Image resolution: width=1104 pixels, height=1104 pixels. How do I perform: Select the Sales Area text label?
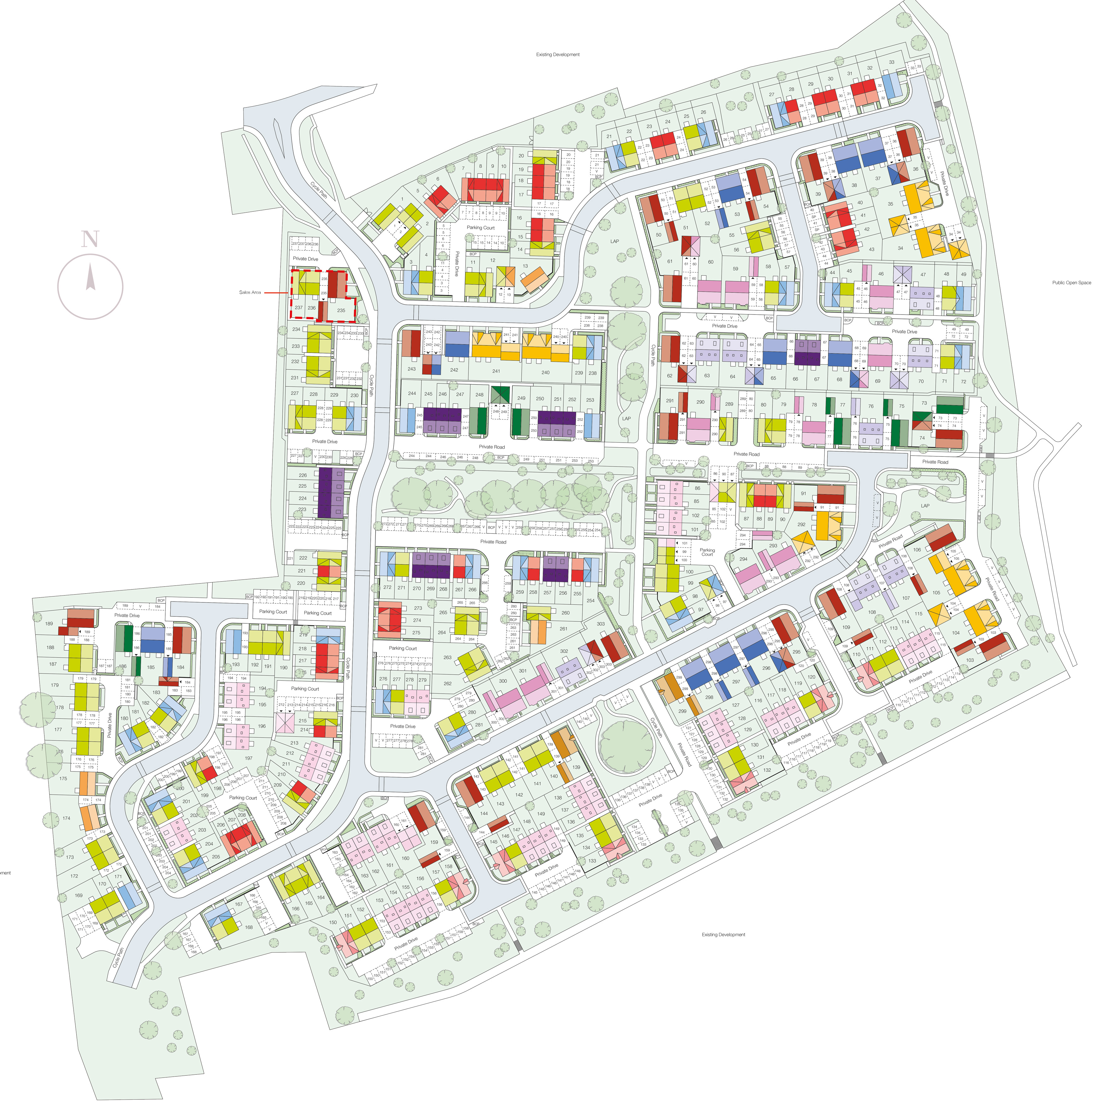[250, 293]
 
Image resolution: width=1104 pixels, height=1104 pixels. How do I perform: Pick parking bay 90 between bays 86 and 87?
[724, 474]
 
